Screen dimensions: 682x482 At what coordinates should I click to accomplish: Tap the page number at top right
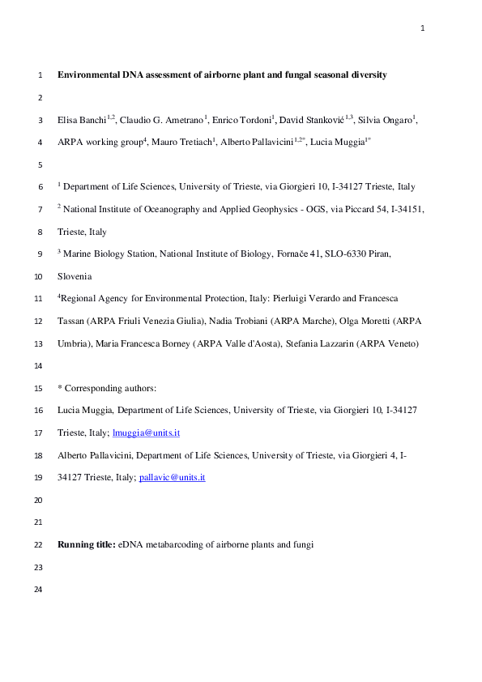(x=422, y=29)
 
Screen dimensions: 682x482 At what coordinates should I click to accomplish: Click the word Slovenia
(x=75, y=276)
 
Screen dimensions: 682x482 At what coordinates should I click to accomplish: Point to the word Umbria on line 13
(x=73, y=343)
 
